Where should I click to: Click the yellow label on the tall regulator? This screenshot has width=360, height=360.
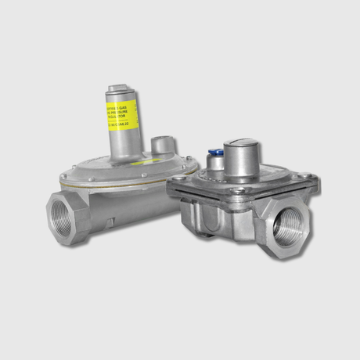coord(121,114)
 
